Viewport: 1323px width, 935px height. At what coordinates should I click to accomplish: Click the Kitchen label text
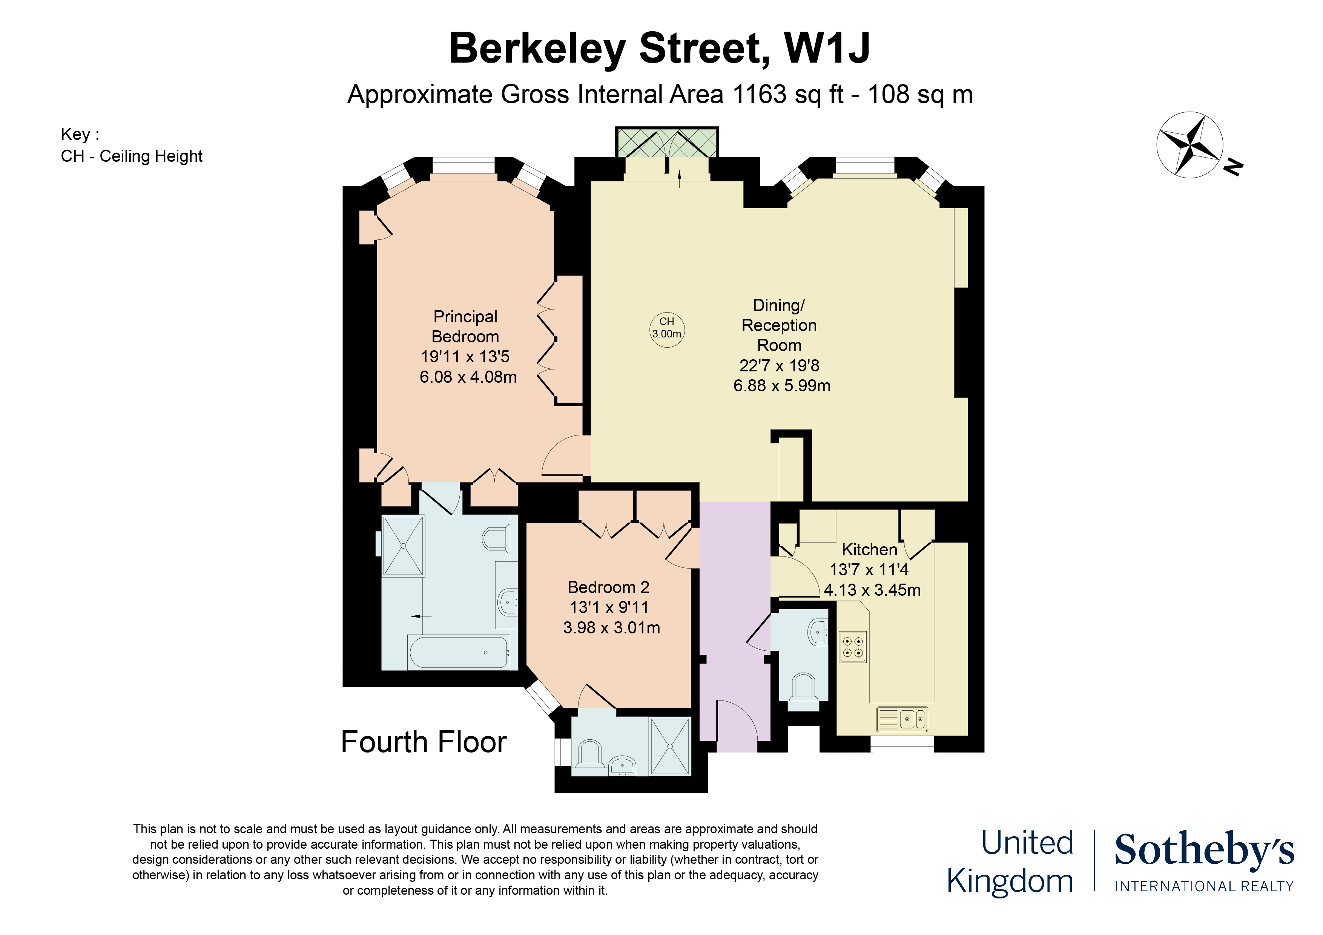(869, 550)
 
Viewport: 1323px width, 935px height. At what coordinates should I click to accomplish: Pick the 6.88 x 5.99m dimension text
(781, 385)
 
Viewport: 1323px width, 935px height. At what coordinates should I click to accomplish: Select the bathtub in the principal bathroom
(458, 653)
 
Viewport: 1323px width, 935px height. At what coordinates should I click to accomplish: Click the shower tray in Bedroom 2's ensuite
(670, 746)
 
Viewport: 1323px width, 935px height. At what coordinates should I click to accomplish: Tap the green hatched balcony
(667, 142)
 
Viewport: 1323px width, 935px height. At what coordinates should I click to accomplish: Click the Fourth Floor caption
(424, 742)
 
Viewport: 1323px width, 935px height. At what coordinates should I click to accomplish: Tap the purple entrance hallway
(735, 605)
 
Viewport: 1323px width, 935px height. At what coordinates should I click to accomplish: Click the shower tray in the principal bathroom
(404, 546)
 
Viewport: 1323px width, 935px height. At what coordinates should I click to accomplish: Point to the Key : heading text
(80, 134)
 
